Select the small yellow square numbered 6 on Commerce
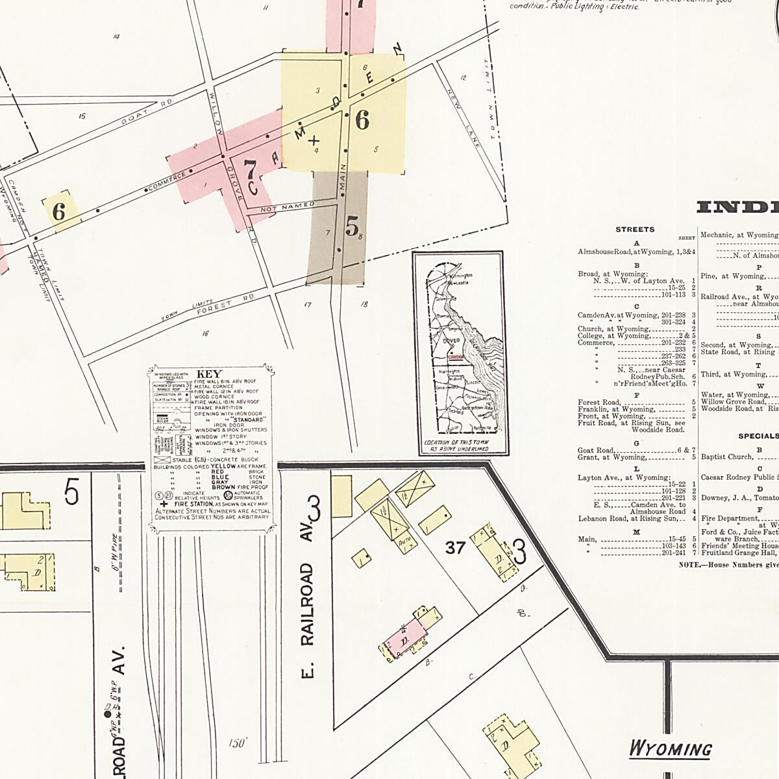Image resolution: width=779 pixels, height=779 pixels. (60, 212)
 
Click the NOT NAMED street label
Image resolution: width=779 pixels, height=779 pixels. (287, 207)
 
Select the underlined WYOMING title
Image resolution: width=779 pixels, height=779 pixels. (670, 749)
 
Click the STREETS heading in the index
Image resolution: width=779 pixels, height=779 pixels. (635, 230)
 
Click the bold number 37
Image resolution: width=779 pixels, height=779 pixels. (455, 548)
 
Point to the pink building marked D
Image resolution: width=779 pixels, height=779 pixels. (404, 641)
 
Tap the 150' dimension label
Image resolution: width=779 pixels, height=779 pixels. (237, 743)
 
